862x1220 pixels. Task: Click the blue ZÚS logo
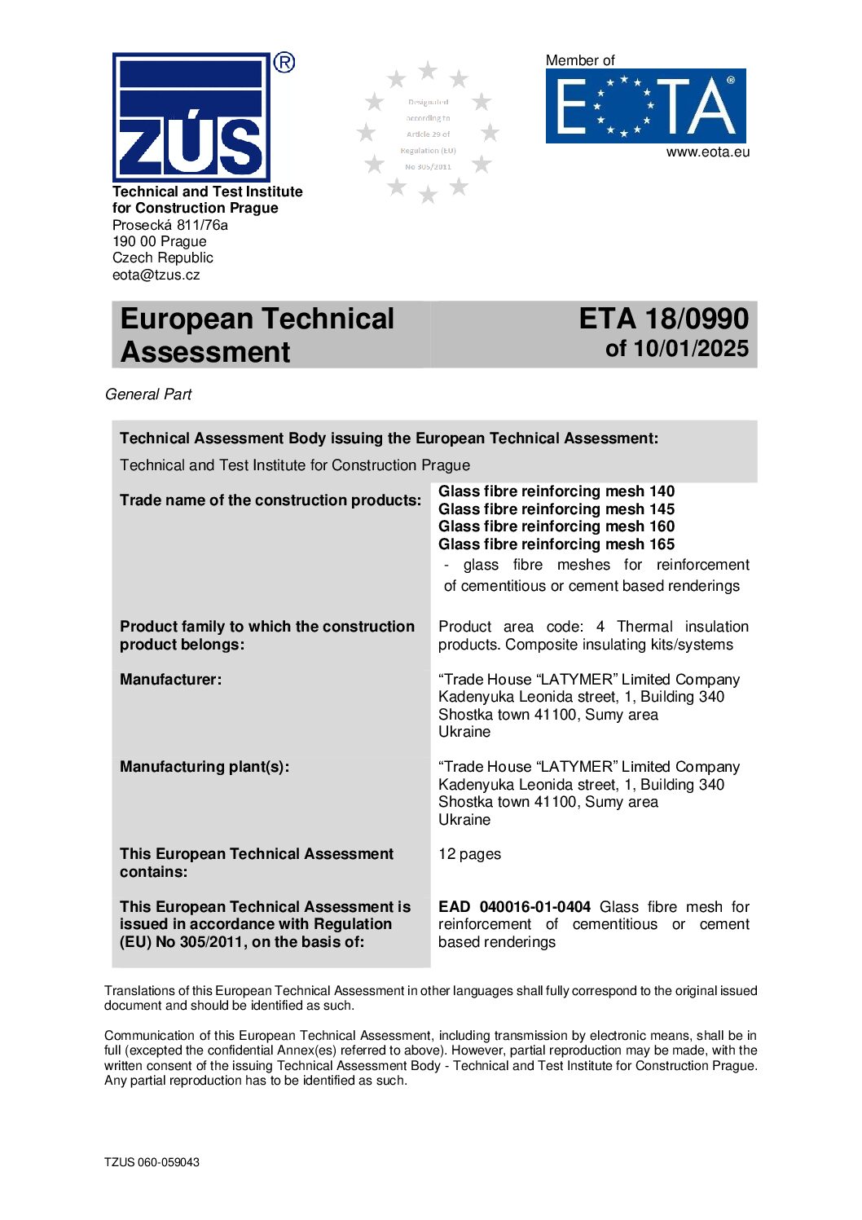191,117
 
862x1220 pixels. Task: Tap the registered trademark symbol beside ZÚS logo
284,62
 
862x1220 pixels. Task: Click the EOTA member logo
645,106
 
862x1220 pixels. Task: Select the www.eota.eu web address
707,152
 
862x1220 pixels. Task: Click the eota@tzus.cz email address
156,275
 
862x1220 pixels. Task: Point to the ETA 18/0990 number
663,319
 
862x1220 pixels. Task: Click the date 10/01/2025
691,349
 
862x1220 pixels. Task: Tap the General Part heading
148,394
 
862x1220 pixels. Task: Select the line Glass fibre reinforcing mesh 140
556,491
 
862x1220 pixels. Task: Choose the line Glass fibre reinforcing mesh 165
556,544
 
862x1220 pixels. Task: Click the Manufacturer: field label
170,680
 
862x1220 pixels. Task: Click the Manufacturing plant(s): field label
205,767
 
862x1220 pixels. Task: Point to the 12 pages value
469,854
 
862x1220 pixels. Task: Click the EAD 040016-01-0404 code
514,907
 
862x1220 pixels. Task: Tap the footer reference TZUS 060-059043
152,1162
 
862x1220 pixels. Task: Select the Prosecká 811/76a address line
170,225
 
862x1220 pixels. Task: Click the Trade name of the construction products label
270,500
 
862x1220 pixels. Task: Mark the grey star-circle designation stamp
428,133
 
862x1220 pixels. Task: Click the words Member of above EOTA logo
580,60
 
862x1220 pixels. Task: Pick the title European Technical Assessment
257,335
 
